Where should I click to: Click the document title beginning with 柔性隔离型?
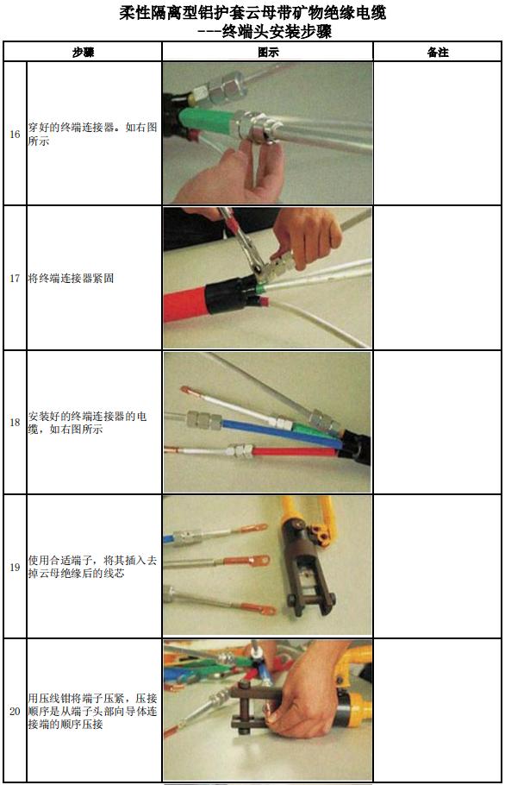coord(253,12)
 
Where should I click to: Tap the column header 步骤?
coord(84,53)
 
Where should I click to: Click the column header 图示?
coord(268,53)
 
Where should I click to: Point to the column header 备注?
coord(438,53)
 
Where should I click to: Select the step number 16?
coord(15,135)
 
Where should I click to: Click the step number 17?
coord(15,279)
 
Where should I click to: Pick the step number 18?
coord(15,423)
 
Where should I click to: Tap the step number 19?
coord(15,567)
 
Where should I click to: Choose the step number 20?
coord(15,711)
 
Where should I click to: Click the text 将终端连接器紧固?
coord(70,279)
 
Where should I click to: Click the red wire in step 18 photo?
coord(293,450)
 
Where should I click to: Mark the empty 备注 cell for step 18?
coord(438,423)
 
